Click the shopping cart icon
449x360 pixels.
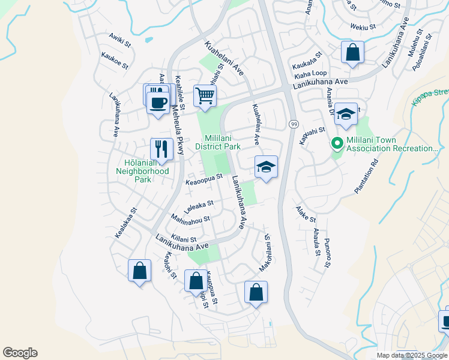pyautogui.click(x=205, y=95)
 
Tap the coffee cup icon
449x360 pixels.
pyautogui.click(x=158, y=103)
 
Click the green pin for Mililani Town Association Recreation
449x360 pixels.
pyautogui.click(x=337, y=143)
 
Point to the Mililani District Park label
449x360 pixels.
pyautogui.click(x=218, y=142)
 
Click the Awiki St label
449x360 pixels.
pyautogui.click(x=119, y=40)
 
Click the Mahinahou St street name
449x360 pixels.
pyautogui.click(x=190, y=220)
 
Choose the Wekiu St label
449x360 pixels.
pyautogui.click(x=363, y=26)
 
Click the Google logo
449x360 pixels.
pyautogui.click(x=20, y=353)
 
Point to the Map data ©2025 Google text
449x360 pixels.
pyautogui.click(x=412, y=355)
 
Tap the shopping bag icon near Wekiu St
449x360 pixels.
pyautogui.click(x=352, y=52)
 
